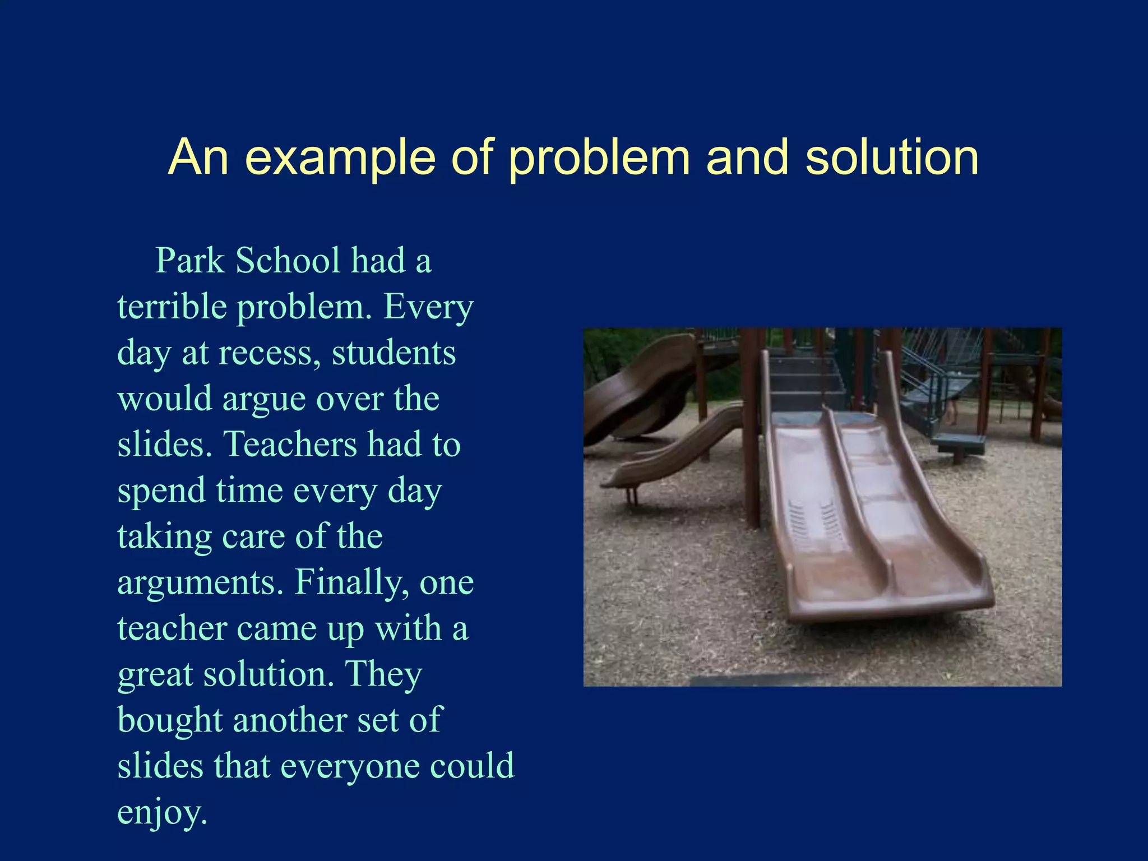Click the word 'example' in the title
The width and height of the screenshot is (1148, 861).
[x=340, y=158]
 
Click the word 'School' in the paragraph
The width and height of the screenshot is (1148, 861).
[x=288, y=261]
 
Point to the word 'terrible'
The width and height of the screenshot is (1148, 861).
[x=171, y=307]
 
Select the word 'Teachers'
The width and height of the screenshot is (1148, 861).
[x=290, y=445]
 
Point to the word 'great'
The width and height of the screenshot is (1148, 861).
[x=155, y=674]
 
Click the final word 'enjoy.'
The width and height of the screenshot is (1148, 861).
[x=162, y=812]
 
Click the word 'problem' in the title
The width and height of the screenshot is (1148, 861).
[x=599, y=158]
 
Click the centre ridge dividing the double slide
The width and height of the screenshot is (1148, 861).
[x=858, y=504]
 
